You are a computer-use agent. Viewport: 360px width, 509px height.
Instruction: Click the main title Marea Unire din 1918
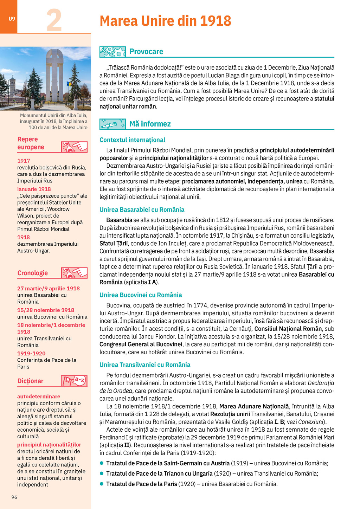coord(165,21)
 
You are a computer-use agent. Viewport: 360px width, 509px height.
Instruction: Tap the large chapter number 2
coord(54,20)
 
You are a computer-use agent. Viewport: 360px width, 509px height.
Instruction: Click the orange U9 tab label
coord(12,19)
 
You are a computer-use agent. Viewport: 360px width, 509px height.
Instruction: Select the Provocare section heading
coord(146,52)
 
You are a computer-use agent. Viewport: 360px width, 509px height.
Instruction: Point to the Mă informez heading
coord(150,124)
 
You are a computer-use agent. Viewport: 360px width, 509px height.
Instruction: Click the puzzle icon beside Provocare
coord(112,52)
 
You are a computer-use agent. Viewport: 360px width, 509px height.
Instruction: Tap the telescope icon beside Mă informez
coord(112,124)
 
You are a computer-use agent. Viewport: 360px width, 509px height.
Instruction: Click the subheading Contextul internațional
coord(132,140)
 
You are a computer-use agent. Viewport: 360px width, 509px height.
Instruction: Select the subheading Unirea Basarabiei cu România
coord(142,210)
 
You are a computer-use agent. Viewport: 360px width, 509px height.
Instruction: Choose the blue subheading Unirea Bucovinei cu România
coord(141,295)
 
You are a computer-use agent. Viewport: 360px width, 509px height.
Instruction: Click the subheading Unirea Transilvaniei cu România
coord(145,365)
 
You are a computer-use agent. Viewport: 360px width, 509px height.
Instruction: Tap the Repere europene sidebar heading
coord(31,143)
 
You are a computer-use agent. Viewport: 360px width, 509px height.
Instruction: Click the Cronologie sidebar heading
coord(33,273)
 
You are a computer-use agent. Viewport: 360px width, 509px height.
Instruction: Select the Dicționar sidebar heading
coord(31,381)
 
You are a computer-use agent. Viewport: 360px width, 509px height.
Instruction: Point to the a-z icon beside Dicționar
coord(75,381)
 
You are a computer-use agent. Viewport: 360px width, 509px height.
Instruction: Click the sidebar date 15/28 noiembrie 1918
coord(46,310)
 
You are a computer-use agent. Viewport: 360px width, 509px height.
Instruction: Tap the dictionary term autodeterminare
coord(39,397)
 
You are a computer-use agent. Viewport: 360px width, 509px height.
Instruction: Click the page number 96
coord(14,497)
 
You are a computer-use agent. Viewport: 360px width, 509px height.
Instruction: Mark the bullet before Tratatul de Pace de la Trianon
coord(102,473)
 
